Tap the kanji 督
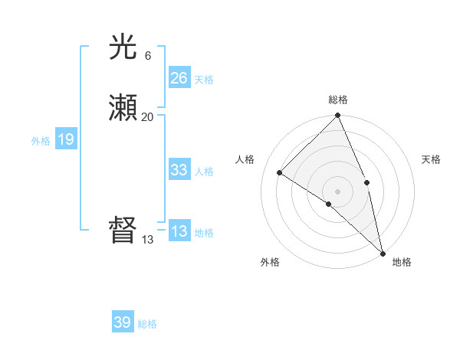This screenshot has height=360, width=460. pos(123,231)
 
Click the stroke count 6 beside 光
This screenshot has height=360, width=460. pos(147,56)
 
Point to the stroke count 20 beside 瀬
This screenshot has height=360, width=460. pos(148,116)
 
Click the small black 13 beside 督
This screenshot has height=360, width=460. pos(148,239)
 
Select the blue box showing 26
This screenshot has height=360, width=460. pos(179,77)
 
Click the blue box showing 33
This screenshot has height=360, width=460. pos(179,170)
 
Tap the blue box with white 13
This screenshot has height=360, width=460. pos(179,231)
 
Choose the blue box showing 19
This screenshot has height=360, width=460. pos(66,139)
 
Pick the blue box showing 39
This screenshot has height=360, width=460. pos(123,322)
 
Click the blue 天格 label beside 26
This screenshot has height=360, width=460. pos(204,79)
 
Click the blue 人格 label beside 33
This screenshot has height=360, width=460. pos(204,172)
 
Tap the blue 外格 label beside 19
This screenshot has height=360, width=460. pos(41,140)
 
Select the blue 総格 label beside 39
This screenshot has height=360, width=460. pos(147,324)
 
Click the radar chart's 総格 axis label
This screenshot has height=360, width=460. pos(337,100)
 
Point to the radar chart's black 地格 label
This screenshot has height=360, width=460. pos(402,262)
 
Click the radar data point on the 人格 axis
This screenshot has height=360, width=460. pos(280,173)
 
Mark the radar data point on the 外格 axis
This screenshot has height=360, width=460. pos(328,204)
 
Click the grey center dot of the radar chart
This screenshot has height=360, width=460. pos(337,191)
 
